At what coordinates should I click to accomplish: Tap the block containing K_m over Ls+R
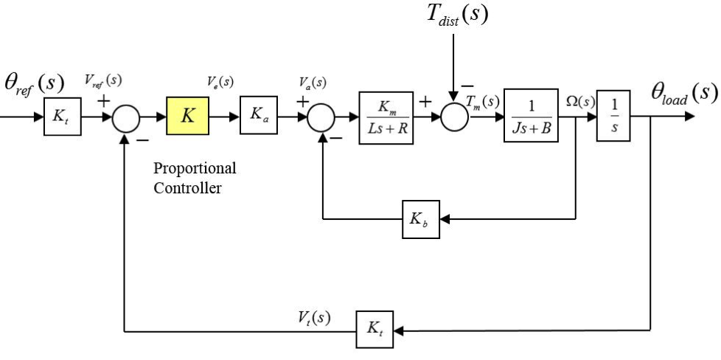[x=386, y=117]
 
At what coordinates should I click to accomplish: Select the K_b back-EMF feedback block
[x=420, y=219]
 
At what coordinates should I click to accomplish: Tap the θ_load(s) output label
[x=683, y=92]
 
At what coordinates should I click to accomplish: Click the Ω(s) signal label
[x=580, y=100]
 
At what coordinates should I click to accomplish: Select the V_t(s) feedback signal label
[x=314, y=317]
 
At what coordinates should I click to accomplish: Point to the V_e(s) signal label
[x=220, y=82]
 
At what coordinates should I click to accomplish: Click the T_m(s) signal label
[x=484, y=100]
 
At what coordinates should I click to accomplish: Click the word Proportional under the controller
[x=195, y=168]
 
